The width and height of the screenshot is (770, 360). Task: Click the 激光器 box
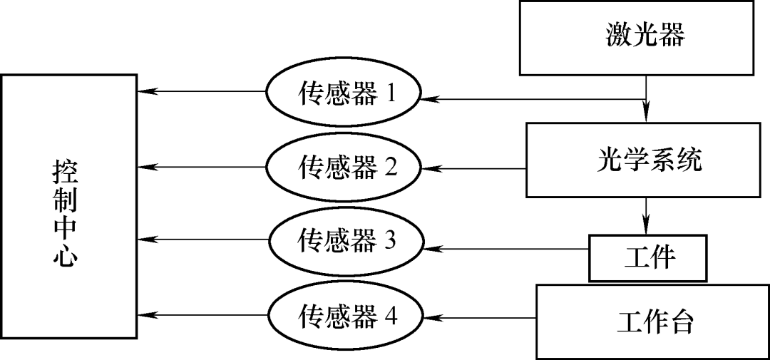645,37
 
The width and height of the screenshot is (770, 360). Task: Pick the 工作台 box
652,322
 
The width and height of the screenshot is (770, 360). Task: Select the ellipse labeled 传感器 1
344,94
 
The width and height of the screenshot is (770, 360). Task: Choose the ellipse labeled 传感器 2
344,168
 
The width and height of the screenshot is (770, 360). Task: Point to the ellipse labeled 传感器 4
344,315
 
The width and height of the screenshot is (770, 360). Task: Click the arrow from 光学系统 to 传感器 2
474,169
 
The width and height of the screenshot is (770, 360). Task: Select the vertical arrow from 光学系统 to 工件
646,215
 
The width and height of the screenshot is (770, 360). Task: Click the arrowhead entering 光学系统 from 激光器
646,114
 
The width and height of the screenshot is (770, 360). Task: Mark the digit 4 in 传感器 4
390,315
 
